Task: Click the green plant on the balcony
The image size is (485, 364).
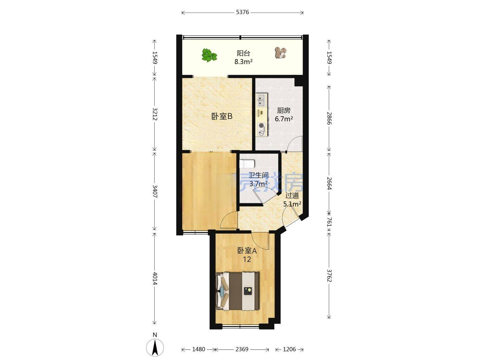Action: click(x=209, y=55)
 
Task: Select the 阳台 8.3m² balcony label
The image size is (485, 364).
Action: click(x=244, y=57)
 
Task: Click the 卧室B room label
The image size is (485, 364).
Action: click(x=222, y=116)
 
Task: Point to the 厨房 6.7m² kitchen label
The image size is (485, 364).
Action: click(x=284, y=115)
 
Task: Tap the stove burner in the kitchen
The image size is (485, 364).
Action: click(x=261, y=126)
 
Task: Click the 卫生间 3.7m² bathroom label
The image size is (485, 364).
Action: click(x=258, y=180)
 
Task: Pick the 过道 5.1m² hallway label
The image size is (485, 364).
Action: click(x=292, y=200)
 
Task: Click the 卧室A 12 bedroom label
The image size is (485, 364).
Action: click(x=247, y=255)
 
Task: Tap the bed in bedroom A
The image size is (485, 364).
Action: click(x=237, y=291)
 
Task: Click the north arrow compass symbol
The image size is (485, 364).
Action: click(x=155, y=346)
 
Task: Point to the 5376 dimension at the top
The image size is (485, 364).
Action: click(x=242, y=12)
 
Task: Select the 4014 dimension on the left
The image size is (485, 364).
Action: click(x=155, y=278)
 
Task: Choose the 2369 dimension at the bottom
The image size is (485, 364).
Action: click(x=242, y=349)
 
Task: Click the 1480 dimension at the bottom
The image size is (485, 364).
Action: click(x=198, y=349)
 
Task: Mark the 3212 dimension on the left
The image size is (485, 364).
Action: click(x=155, y=114)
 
